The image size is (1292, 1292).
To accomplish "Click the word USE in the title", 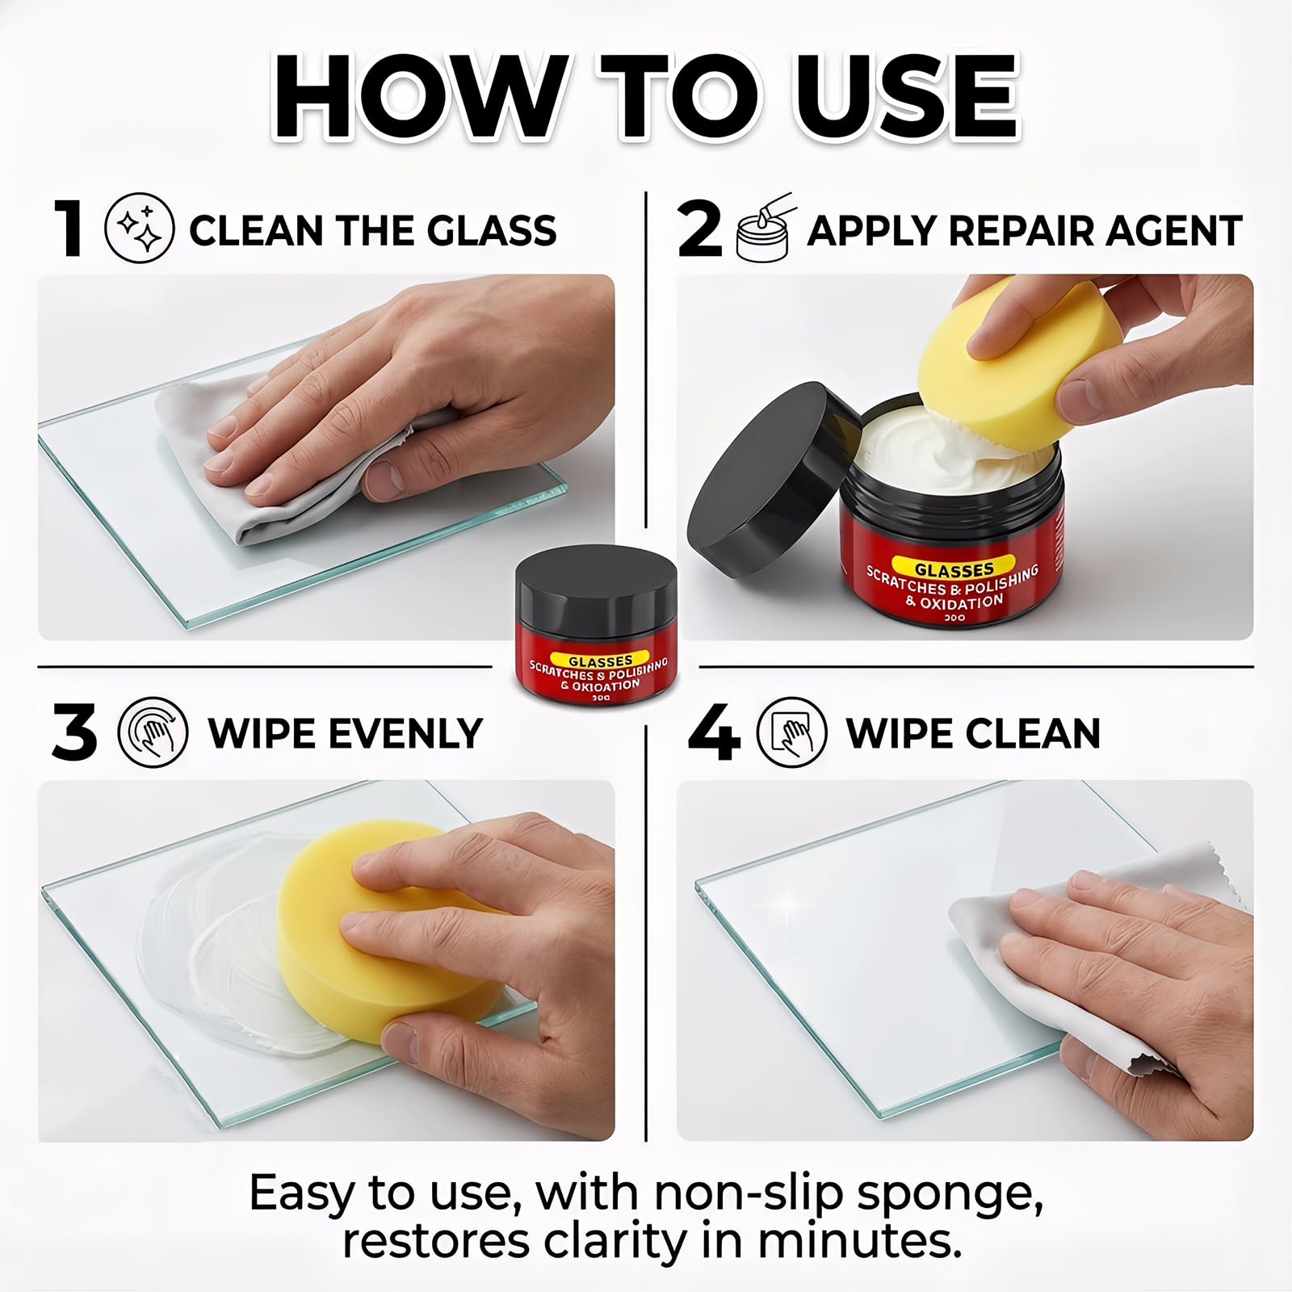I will point(906,99).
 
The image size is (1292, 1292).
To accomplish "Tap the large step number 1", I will point(69,229).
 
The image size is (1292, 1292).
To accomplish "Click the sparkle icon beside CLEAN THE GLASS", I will point(139,229).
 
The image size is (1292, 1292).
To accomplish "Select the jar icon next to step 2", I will point(763,229).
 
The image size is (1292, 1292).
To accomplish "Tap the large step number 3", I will point(74,732).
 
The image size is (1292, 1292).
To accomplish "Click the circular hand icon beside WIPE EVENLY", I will point(153,732).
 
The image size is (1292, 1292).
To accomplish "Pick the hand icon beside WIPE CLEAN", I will point(791,732).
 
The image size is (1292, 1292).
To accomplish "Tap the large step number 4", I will point(714,732).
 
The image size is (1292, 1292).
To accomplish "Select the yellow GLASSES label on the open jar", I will point(954,568).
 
